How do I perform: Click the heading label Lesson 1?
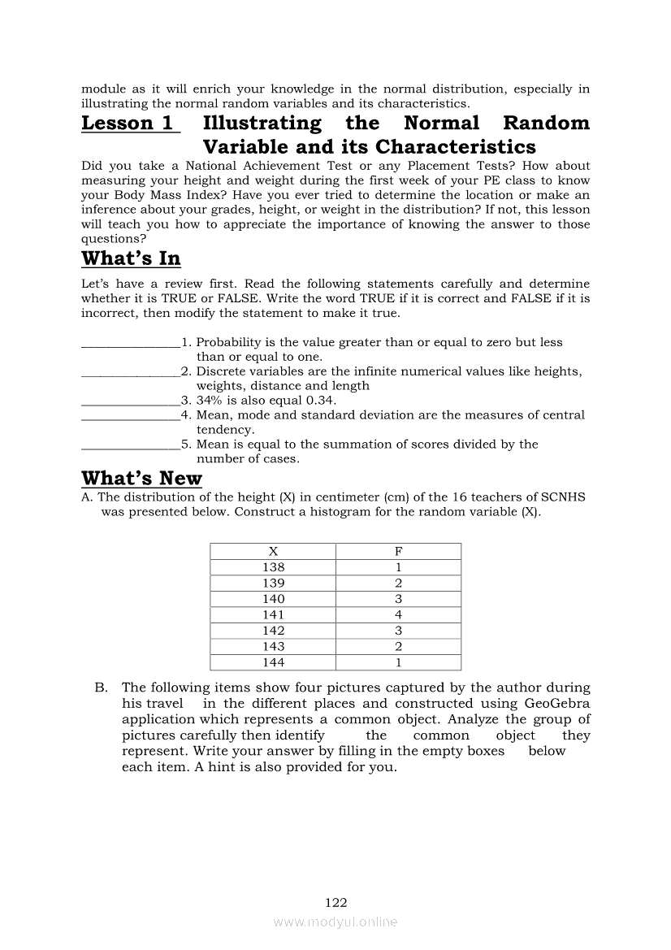click(128, 124)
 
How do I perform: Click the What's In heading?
click(131, 258)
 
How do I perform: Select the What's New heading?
click(141, 478)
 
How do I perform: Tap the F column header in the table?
click(398, 551)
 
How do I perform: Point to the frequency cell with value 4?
click(398, 615)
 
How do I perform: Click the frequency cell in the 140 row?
click(398, 599)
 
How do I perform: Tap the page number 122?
click(335, 902)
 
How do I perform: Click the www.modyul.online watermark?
click(335, 922)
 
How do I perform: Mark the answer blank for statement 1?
click(130, 344)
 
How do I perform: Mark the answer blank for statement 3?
click(130, 401)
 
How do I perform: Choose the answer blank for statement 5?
click(130, 445)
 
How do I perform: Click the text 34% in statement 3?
click(210, 401)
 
